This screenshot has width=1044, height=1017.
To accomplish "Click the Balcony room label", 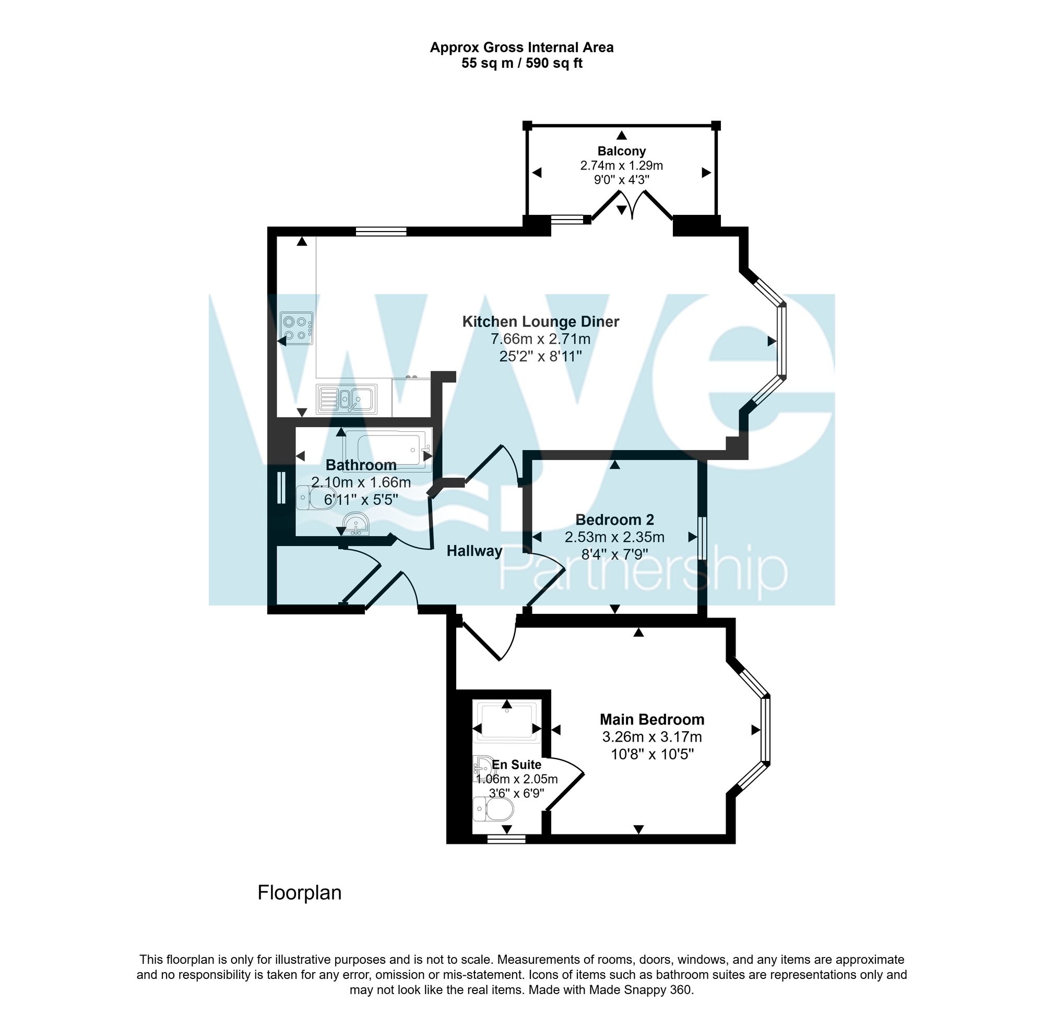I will point(621,151).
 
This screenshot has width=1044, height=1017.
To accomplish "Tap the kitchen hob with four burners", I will point(296,329).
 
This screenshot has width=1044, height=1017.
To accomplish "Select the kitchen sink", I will point(347,399).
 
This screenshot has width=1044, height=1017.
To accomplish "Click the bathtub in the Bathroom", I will point(387,449).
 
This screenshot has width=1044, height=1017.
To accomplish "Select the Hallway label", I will point(474,551).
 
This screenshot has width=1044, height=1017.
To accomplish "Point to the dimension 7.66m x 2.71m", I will point(540,339).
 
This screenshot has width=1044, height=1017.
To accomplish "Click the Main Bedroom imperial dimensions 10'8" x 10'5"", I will point(651,755).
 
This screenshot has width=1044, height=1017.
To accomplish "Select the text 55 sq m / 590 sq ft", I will point(521,64).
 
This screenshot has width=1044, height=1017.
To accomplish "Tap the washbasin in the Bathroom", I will point(355,524).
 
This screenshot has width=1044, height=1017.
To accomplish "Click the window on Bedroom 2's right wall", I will point(703,538).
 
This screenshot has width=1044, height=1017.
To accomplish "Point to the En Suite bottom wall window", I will point(506,840).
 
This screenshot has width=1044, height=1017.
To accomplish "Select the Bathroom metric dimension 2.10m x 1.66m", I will point(361,483).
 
